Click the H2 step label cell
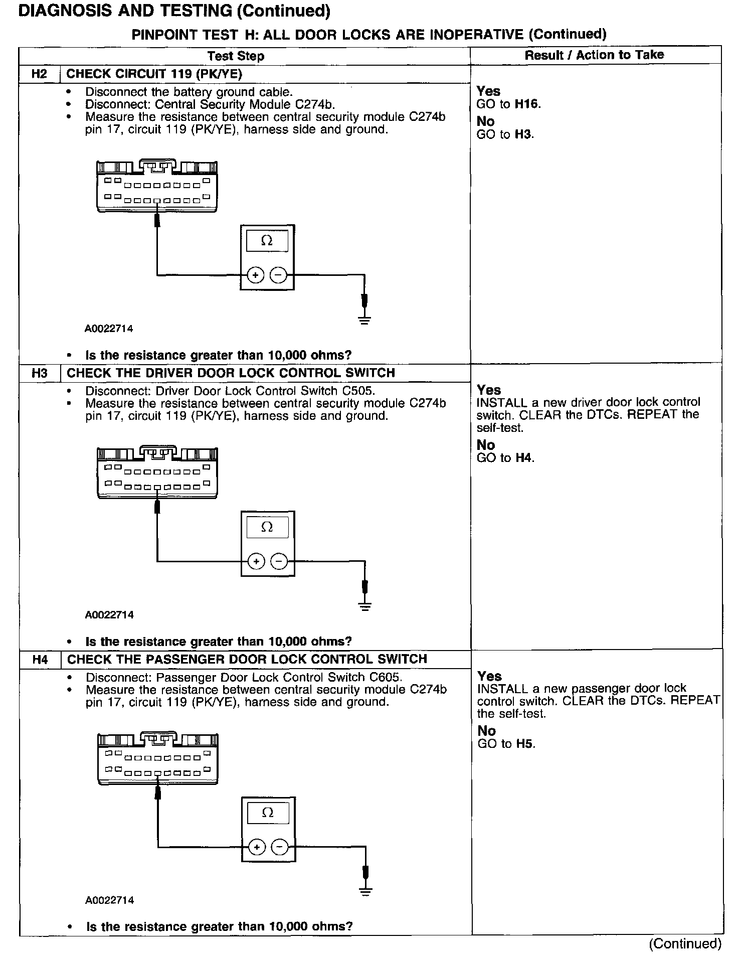point(39,74)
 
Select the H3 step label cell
point(39,373)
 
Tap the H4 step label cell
point(40,659)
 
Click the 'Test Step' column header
point(236,56)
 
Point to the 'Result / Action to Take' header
point(594,55)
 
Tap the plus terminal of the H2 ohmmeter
point(256,275)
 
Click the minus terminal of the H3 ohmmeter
point(279,561)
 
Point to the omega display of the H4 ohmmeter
point(268,813)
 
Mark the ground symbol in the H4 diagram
point(366,891)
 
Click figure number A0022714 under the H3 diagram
point(109,615)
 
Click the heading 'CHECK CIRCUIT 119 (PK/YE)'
point(154,74)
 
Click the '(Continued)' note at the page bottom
point(685,943)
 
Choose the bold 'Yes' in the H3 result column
point(489,390)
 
